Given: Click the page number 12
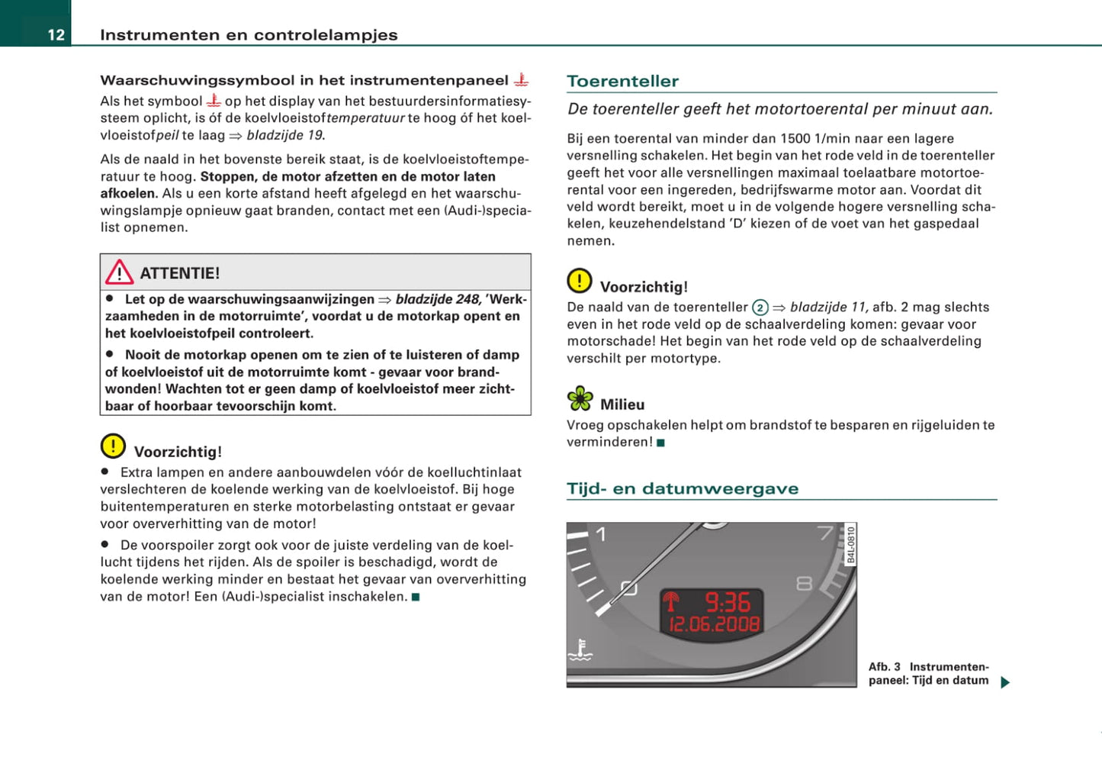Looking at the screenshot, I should click(x=56, y=35).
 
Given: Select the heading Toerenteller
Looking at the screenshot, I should click(x=622, y=81).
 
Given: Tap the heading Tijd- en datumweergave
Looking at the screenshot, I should click(x=682, y=488).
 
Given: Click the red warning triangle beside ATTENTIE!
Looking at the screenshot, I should click(x=120, y=272).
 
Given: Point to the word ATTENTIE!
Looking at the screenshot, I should click(x=180, y=273).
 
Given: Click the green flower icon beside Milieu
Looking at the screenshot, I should click(x=580, y=398).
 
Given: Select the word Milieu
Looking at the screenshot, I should click(x=622, y=404).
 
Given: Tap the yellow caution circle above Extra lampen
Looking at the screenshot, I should click(x=113, y=446).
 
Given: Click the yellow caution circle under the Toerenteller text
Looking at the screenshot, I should click(x=580, y=281).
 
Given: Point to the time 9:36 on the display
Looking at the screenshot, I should click(x=728, y=603).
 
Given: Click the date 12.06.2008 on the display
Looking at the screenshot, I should click(x=715, y=625).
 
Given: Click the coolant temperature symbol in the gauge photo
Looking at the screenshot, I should click(x=580, y=650).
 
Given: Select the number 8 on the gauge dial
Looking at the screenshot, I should click(x=804, y=584).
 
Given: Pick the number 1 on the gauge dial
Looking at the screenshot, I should click(x=601, y=534).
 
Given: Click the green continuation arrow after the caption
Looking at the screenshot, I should click(x=1004, y=682).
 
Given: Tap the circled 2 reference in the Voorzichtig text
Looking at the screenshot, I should click(x=760, y=308).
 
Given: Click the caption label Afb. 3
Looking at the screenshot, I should click(x=885, y=666).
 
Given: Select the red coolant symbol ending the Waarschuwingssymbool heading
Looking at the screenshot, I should click(x=522, y=79).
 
